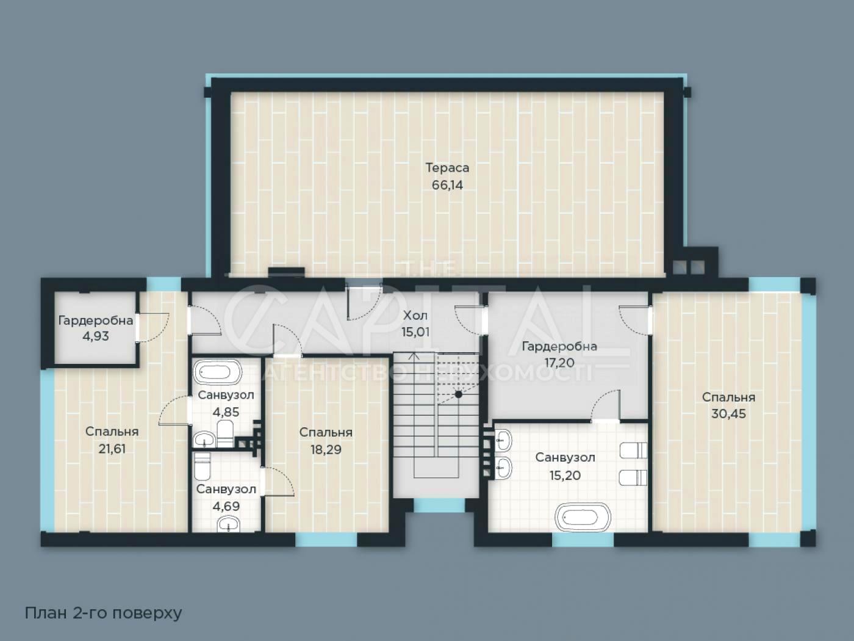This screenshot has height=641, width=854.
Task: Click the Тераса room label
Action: [447, 168]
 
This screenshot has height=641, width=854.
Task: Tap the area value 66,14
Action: [447, 185]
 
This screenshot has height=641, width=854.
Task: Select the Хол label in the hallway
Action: [415, 315]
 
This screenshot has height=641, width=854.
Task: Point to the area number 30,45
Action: [728, 414]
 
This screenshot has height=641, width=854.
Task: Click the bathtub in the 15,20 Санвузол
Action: [582, 517]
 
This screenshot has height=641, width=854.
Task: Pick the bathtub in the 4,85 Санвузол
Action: [218, 372]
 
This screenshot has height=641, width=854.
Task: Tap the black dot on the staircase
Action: [459, 394]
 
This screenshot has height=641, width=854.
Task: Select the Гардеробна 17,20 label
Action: [559, 354]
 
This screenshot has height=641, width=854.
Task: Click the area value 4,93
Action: [95, 336]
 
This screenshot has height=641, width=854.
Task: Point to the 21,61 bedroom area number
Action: [112, 449]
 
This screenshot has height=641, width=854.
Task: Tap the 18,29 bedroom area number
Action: [326, 449]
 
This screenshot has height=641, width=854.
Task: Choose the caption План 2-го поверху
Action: [104, 613]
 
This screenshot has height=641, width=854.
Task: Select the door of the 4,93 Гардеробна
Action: [152, 327]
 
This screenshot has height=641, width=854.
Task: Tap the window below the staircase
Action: [439, 505]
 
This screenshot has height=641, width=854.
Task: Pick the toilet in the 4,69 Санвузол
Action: [202, 466]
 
